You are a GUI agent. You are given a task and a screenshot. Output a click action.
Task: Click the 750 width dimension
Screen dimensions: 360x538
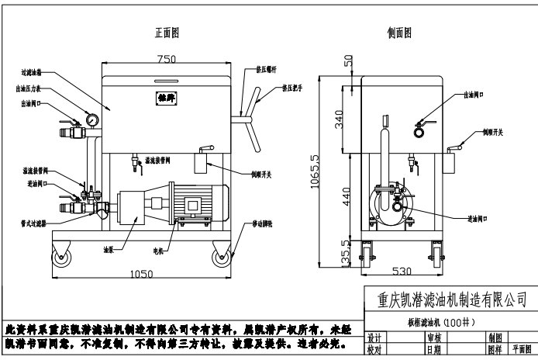pyautogui.click(x=165, y=60)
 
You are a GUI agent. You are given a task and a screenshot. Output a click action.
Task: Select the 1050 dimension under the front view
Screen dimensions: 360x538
pyautogui.click(x=141, y=275)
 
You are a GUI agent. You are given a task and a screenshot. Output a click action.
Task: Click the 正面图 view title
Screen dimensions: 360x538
pyautogui.click(x=167, y=33)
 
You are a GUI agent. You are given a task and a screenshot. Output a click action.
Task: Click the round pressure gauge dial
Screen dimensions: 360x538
pyautogui.click(x=92, y=120)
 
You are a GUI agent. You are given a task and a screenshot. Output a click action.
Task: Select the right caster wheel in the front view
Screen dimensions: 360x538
pyautogui.click(x=221, y=257)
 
